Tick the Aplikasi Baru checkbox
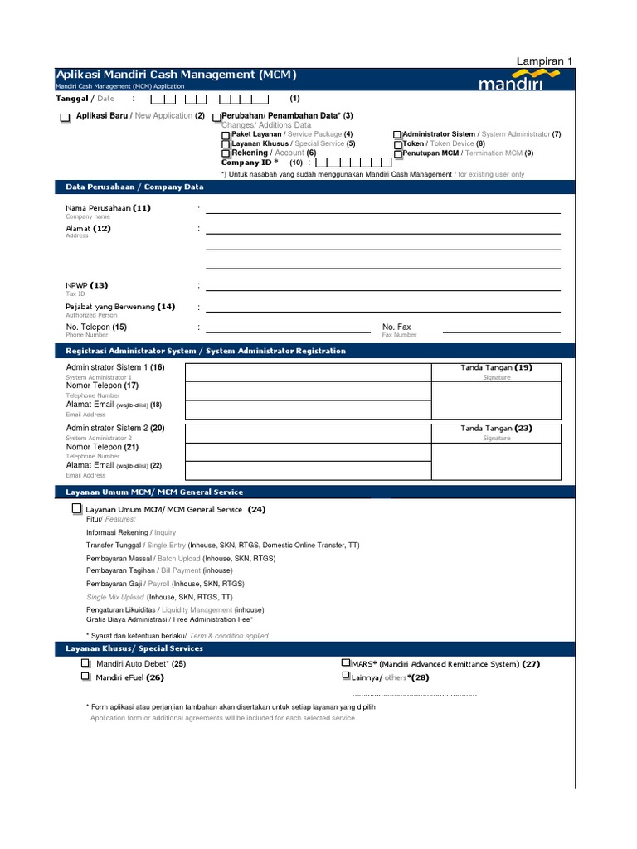pos(66,118)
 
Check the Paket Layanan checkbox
pos(226,135)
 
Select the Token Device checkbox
pos(397,144)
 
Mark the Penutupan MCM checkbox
pos(397,154)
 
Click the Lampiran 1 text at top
pos(545,61)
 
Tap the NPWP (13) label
pos(87,285)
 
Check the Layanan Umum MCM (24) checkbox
pos(77,508)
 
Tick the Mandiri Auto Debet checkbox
pos(86,664)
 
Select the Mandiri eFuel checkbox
pos(86,677)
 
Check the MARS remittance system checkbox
pos(346,664)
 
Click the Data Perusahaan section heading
pos(134,187)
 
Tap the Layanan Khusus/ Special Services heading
pos(134,648)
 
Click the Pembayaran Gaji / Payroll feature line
pos(159,584)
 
